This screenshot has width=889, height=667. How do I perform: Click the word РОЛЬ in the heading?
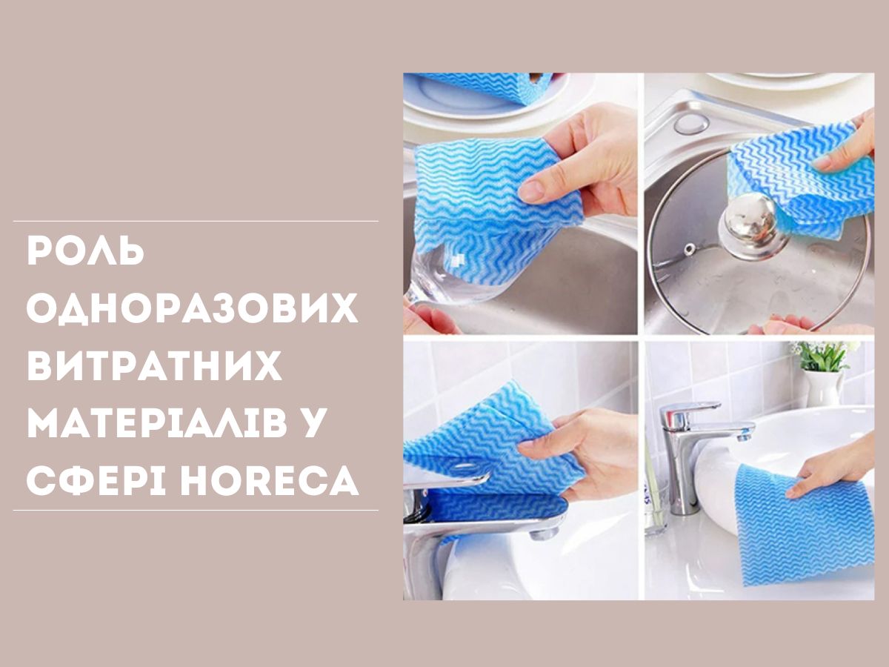click(85, 251)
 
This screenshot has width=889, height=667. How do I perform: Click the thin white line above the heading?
click(196, 222)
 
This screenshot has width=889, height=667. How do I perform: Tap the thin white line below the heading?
click(196, 511)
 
